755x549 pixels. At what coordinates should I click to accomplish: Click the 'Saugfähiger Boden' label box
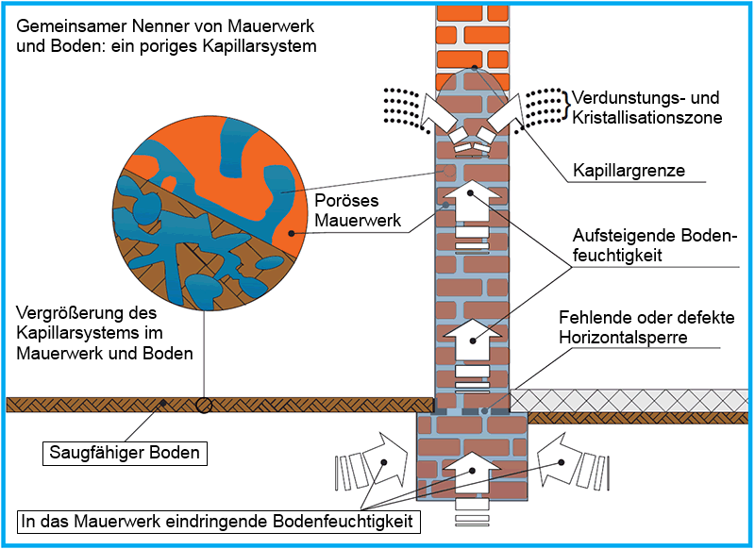tap(126, 453)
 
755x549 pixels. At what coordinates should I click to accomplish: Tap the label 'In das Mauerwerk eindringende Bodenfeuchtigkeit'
tap(218, 522)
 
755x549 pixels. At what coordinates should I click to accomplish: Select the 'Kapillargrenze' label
tap(629, 171)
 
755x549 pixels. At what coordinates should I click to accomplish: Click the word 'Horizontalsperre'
tap(623, 338)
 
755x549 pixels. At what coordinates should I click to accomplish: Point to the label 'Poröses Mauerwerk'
tap(358, 210)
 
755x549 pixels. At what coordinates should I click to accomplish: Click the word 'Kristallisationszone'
tap(647, 117)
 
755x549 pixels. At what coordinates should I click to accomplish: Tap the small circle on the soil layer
tap(204, 405)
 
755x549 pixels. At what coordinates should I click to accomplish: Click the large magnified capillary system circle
tap(210, 216)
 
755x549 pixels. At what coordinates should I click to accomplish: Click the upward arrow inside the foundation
tap(472, 473)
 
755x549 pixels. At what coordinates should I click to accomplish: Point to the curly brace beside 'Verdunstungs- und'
tap(565, 105)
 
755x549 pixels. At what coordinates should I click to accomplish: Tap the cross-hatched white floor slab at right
tap(629, 401)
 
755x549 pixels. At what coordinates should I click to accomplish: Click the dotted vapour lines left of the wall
tap(403, 108)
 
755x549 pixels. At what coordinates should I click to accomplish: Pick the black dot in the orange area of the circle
tap(291, 234)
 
